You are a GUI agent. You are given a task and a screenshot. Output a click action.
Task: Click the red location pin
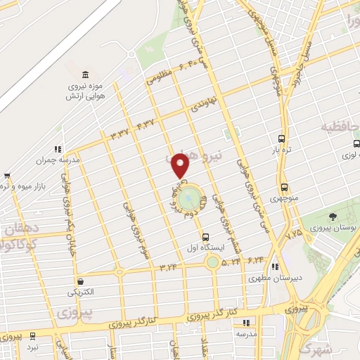tap(181, 165)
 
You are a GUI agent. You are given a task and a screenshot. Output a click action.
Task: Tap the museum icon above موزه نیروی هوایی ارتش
tap(85, 75)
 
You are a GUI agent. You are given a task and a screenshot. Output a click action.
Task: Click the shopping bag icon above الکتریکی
tap(81, 281)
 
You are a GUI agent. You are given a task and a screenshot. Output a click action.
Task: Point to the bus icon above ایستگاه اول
tap(205, 237)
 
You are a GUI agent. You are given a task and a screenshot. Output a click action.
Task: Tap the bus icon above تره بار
tap(282, 139)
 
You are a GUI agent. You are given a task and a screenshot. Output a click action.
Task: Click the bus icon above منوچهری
tap(284, 188)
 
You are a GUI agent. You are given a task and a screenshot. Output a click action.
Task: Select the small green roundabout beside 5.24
tap(212, 263)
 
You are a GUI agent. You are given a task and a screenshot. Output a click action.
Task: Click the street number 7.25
tap(294, 231)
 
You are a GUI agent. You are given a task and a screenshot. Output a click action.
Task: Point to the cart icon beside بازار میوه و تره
tap(7, 175)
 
